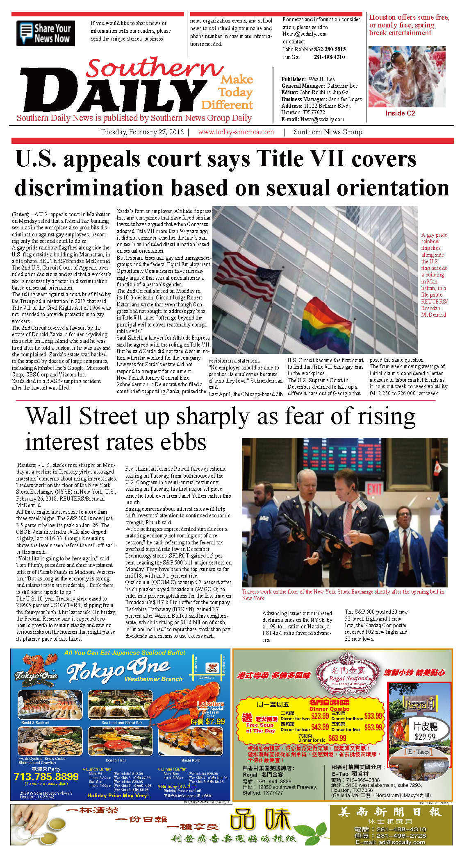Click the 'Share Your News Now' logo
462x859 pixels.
click(46, 33)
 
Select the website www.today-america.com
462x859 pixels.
click(236, 132)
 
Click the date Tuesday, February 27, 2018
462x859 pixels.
click(142, 132)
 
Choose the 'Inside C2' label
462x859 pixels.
click(400, 113)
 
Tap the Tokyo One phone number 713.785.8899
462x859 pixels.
click(46, 777)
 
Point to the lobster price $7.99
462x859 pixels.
click(215, 721)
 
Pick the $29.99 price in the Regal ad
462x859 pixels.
click(425, 737)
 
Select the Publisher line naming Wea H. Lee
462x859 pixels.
click(308, 79)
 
